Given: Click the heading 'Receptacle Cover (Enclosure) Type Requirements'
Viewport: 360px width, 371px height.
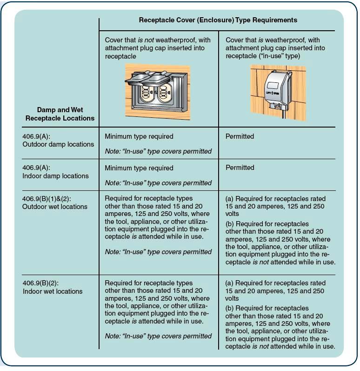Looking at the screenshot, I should point(218,20).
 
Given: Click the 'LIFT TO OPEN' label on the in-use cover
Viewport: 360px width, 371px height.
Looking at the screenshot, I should point(273,94).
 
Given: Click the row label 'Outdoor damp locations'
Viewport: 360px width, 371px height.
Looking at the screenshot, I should point(58,144).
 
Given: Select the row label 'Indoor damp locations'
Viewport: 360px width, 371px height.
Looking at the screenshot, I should point(55,176).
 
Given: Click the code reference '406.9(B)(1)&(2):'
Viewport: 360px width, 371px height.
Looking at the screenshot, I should point(47,199).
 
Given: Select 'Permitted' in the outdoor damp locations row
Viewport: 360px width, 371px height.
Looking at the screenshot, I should point(240,136).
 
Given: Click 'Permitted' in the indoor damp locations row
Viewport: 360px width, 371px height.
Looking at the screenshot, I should point(240,168).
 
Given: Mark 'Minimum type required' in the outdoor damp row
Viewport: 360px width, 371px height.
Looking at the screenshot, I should point(139,136).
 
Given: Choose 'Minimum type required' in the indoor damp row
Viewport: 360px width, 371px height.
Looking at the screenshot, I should point(139,168).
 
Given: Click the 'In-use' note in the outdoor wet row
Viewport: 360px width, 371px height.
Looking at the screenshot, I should point(158,252).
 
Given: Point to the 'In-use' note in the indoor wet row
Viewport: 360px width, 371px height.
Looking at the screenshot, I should point(158,336).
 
